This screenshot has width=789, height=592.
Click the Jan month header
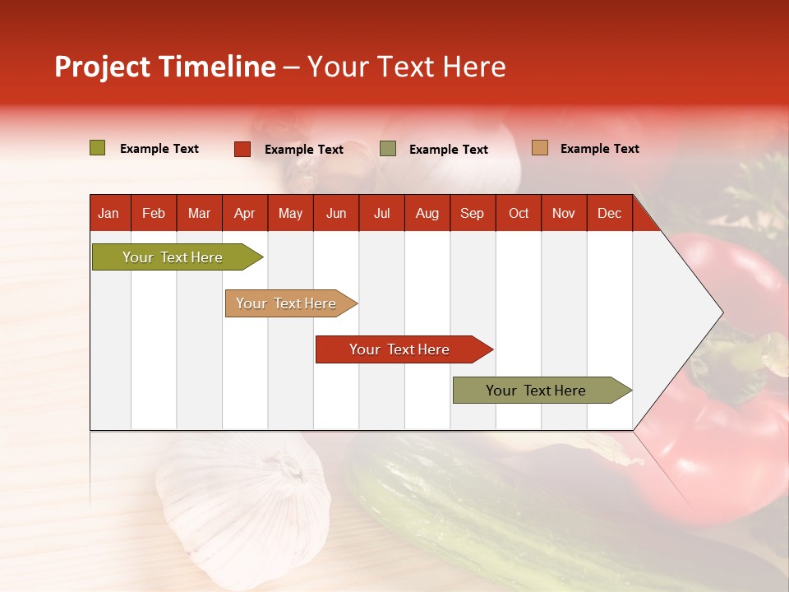click(x=108, y=214)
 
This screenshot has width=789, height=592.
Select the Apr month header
click(x=244, y=214)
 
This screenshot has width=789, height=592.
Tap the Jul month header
click(x=381, y=214)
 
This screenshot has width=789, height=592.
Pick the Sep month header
click(x=472, y=214)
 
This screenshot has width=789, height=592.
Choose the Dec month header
click(x=609, y=214)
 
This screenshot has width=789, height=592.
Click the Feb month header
click(x=154, y=214)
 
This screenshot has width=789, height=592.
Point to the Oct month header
click(x=519, y=214)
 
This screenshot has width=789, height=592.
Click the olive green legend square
click(x=98, y=148)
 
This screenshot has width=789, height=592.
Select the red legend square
click(x=242, y=149)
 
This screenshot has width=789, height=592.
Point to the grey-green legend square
click(x=388, y=149)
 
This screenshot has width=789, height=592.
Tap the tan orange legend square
click(x=539, y=148)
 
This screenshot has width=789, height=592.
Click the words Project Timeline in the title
click(x=164, y=67)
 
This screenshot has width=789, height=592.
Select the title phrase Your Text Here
click(x=406, y=67)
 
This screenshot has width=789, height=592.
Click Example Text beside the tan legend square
click(x=599, y=149)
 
